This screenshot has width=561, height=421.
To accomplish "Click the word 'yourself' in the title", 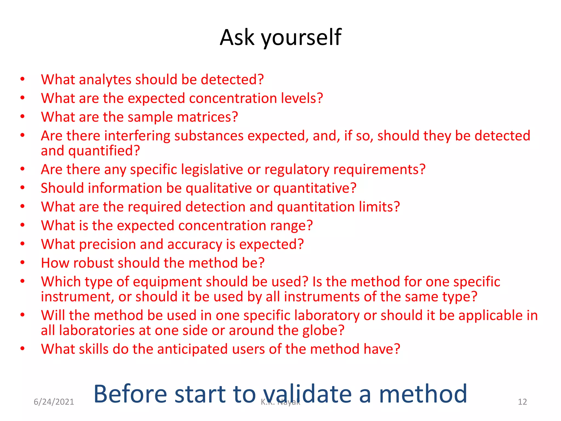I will click(x=301, y=38).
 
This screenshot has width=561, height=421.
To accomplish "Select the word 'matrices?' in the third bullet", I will click(x=207, y=117).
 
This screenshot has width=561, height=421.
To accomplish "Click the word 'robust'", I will click(x=93, y=263).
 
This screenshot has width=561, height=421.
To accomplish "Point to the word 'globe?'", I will click(x=323, y=331).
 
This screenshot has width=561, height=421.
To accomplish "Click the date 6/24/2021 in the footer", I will click(x=54, y=402).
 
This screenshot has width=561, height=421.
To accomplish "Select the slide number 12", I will click(x=522, y=402).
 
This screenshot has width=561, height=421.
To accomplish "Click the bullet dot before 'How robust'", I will click(x=23, y=263).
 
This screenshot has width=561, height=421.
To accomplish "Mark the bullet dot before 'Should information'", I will click(x=23, y=188).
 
